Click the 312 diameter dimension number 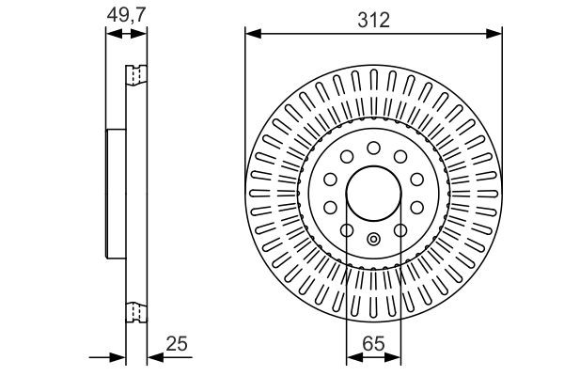click(373, 18)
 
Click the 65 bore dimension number click(373, 344)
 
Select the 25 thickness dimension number click(177, 344)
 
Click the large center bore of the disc click(373, 195)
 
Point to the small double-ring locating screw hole click(373, 238)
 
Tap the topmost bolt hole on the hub click(373, 148)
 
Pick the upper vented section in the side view click(137, 74)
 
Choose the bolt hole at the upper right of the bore click(400, 157)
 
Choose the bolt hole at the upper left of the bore click(346, 157)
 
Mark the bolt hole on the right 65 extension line click(400, 231)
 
